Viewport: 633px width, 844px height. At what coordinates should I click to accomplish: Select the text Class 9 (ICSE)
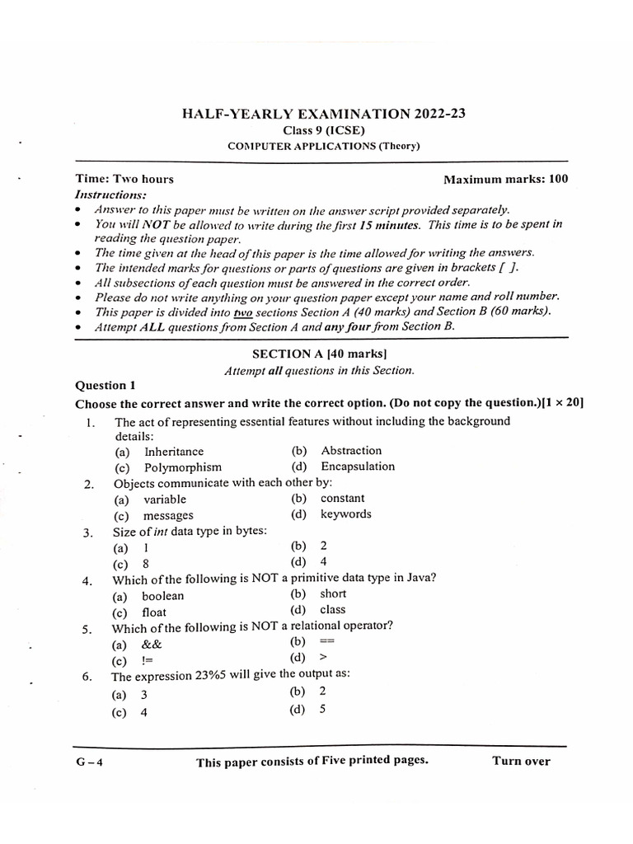[x=320, y=130]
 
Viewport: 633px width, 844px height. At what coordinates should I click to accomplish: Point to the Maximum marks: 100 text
[x=505, y=179]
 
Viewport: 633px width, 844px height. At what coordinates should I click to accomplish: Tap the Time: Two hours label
[x=124, y=179]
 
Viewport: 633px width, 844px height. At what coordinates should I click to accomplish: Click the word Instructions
[x=110, y=195]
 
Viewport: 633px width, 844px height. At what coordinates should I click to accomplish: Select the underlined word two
[x=242, y=312]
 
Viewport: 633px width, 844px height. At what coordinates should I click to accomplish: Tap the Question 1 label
[x=105, y=385]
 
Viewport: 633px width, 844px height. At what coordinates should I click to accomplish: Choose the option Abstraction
[x=351, y=451]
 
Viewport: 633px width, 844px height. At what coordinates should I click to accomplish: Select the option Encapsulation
[x=358, y=467]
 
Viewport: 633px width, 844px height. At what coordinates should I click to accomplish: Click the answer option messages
[x=168, y=515]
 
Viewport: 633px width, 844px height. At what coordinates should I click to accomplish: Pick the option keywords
[x=346, y=514]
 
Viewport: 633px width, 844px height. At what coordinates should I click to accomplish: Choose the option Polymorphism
[x=183, y=467]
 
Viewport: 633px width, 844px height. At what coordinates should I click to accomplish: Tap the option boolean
[x=163, y=596]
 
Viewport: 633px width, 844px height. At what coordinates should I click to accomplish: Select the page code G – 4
[x=88, y=762]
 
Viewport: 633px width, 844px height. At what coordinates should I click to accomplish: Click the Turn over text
[x=521, y=761]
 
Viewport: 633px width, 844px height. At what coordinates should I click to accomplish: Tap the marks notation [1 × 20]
[x=563, y=403]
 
